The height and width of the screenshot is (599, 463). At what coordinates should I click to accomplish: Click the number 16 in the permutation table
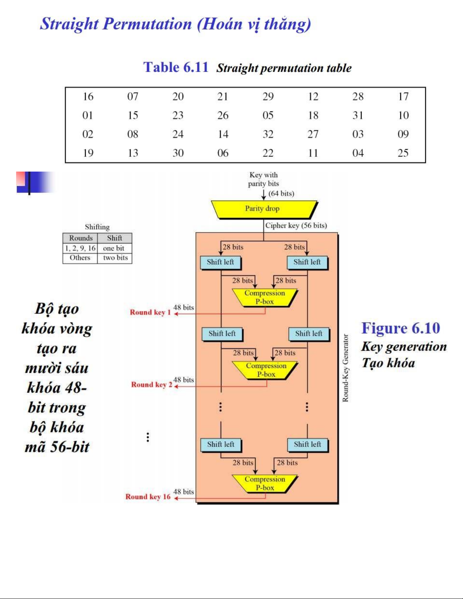88,97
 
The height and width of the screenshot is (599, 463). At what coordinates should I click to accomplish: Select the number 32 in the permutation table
268,134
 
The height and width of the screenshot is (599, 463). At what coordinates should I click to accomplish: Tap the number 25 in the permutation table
403,153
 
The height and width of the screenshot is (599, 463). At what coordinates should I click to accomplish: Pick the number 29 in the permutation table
268,97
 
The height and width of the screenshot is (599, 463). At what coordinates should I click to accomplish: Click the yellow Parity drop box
263,209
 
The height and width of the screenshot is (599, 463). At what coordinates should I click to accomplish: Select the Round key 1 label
150,313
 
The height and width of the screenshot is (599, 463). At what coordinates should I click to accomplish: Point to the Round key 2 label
151,385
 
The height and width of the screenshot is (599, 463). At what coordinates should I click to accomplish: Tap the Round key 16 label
148,497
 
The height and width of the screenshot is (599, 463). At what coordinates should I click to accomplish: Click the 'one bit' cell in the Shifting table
114,248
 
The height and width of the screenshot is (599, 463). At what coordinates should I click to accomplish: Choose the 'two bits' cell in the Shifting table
115,258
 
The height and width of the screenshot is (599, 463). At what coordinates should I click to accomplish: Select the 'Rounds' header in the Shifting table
81,238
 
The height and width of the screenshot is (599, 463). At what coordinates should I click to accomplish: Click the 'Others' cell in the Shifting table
80,258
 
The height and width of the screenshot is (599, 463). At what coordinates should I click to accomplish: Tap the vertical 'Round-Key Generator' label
345,368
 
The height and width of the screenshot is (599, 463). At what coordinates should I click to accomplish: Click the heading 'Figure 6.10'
401,328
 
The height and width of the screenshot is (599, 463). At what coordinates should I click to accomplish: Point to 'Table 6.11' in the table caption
176,67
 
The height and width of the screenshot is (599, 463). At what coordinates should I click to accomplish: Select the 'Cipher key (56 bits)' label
296,226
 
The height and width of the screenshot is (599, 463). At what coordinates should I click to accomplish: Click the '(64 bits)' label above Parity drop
281,193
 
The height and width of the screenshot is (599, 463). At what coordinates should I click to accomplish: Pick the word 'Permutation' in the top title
147,24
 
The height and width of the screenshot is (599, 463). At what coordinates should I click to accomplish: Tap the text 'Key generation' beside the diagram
404,347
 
